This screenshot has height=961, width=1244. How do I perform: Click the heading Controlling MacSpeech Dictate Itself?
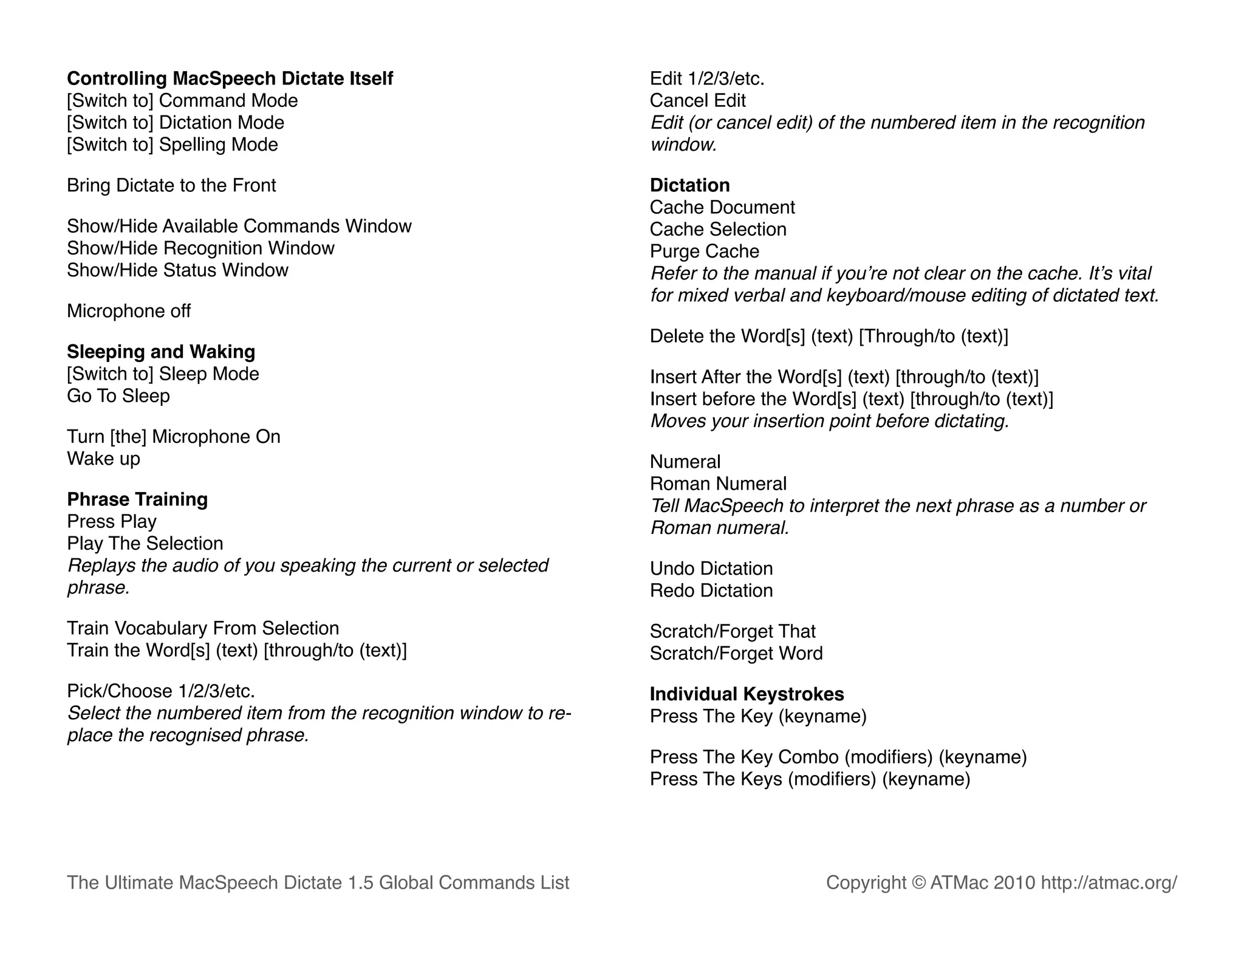[x=230, y=78]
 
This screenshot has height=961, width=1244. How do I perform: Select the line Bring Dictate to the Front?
[x=171, y=185]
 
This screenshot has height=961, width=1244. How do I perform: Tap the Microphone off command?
[x=129, y=311]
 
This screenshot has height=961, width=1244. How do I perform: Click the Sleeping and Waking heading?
[x=161, y=352]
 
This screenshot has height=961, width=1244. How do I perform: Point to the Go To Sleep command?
[x=118, y=396]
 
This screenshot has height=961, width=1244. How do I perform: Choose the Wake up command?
[x=103, y=459]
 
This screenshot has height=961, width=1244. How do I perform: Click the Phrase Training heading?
[x=137, y=499]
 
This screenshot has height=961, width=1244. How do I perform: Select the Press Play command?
[x=112, y=521]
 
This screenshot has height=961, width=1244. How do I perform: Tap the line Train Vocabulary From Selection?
[x=203, y=628]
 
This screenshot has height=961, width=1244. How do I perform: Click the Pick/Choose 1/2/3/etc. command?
[x=161, y=691]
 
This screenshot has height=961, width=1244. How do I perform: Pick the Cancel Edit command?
[x=697, y=100]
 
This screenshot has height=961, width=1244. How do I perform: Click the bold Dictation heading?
[x=689, y=185]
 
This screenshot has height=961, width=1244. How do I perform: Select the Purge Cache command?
[x=704, y=251]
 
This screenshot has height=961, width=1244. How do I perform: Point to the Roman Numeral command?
[x=718, y=484]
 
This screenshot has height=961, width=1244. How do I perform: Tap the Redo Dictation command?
[x=711, y=590]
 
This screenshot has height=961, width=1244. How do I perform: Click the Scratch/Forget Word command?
[x=736, y=654]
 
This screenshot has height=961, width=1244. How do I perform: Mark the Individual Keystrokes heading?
[x=747, y=694]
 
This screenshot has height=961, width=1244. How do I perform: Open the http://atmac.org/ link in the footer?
[x=1109, y=883]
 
